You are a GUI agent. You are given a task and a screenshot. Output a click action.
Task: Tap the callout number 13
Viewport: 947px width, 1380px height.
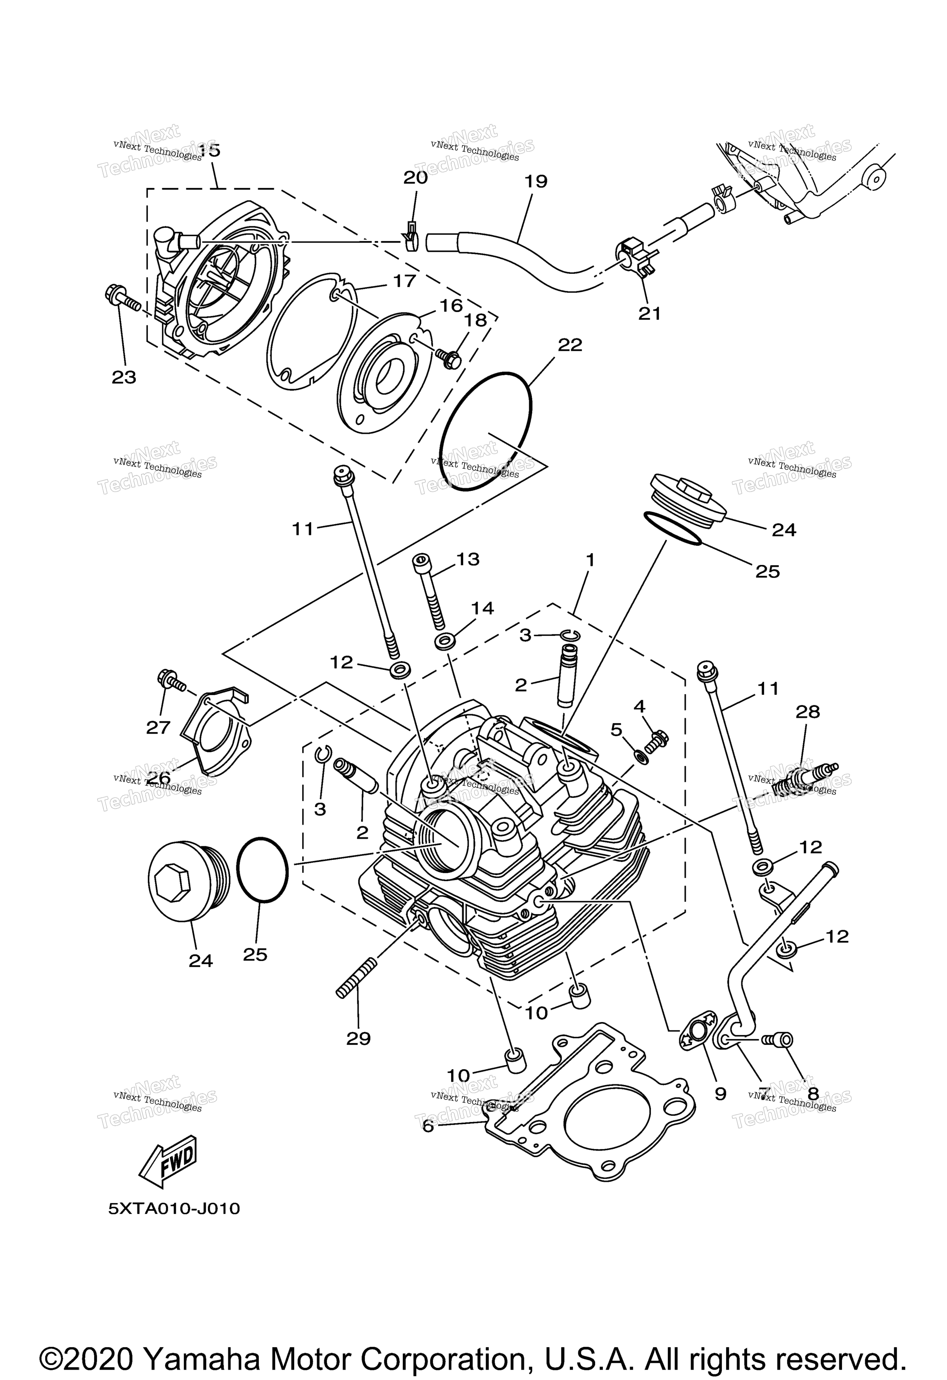click(x=468, y=559)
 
